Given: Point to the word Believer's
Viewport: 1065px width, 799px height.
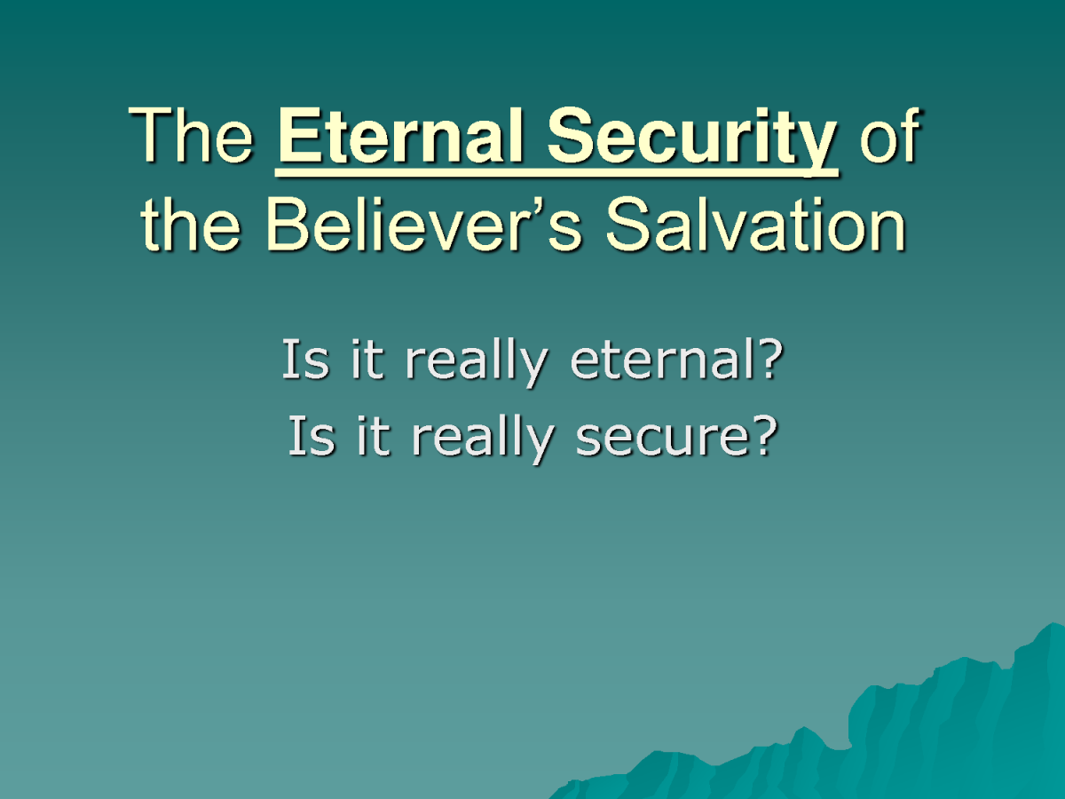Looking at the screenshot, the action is [423, 224].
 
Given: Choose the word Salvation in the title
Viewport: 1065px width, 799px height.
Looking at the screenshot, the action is [755, 224].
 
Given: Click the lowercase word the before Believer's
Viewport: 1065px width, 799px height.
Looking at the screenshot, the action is [191, 224].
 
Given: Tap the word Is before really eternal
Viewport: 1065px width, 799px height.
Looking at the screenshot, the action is [305, 359].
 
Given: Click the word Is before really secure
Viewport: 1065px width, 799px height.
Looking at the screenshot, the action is [312, 436].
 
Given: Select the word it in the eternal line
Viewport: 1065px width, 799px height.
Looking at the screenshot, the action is [367, 359].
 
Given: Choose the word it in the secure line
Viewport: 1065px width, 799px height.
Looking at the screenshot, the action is [374, 436].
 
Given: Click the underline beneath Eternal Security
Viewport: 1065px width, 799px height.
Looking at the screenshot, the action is [556, 172].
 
